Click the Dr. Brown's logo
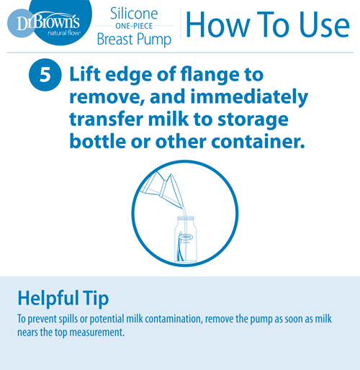pos(50,22)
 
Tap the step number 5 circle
pos(45,75)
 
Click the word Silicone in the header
pos(134,14)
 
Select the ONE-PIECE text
pos(134,26)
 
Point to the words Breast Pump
pos(134,40)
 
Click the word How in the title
pos(218,24)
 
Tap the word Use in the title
pos(325,24)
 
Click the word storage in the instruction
pos(253,120)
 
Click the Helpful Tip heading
pos(63,299)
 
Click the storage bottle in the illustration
pos(186,239)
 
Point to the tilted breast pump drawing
pos(162,189)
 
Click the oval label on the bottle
pos(186,237)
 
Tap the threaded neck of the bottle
pos(186,219)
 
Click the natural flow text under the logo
pos(64,33)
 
